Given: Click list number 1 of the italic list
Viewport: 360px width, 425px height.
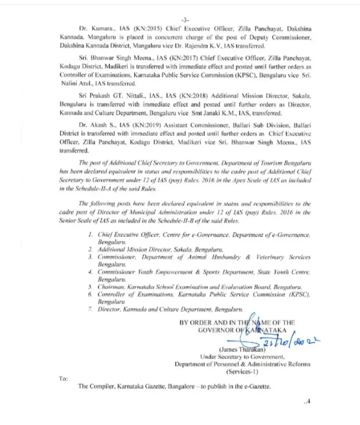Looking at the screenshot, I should (x=90, y=236).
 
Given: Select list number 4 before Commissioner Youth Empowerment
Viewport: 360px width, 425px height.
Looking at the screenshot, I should (x=90, y=272).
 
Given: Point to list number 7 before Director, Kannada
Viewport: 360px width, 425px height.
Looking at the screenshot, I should (x=90, y=309).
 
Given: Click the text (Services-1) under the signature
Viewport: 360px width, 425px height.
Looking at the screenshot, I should (x=242, y=372).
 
